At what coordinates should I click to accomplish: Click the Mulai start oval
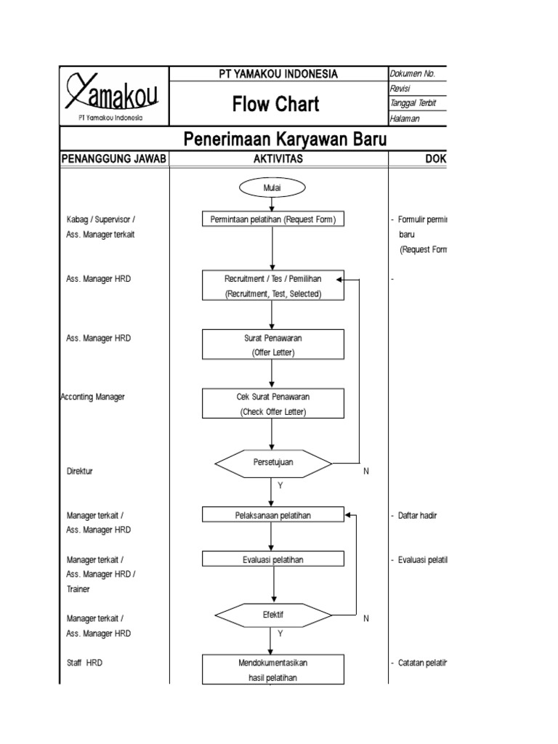point(272,187)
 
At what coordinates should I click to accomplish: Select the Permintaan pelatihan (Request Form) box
point(272,219)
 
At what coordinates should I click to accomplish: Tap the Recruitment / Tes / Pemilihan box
point(272,286)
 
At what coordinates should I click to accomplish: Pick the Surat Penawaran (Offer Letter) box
point(272,345)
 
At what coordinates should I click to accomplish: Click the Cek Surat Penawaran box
point(272,404)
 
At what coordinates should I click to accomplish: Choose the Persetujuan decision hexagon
point(272,463)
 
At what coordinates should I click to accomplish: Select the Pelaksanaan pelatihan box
point(272,515)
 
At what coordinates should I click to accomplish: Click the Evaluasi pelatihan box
point(272,559)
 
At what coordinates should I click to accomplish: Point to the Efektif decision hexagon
point(272,615)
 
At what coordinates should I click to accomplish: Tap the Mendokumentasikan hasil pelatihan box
point(272,670)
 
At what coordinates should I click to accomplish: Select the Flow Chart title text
point(275,105)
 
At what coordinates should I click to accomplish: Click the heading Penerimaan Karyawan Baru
point(285,139)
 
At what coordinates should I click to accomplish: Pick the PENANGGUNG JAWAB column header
point(115,159)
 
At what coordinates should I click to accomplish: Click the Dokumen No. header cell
point(414,73)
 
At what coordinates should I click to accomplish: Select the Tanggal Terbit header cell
point(413,103)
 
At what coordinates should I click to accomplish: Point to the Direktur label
point(80,471)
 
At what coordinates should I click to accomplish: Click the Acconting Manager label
point(92,397)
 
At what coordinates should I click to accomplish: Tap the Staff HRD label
point(84,663)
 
